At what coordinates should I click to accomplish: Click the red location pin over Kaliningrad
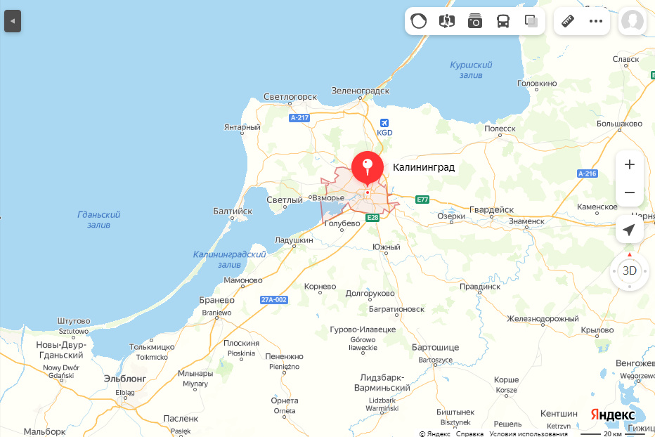pos(367,167)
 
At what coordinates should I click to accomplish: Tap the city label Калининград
pos(424,167)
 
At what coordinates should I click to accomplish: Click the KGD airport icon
pos(384,122)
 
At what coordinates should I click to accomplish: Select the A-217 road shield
pos(299,117)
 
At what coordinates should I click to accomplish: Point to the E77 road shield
pos(422,200)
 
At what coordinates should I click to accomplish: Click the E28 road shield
pos(372,218)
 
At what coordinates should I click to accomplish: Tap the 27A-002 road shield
pos(274,299)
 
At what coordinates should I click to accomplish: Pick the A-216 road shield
pos(587,173)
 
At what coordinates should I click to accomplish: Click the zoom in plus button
pos(629,164)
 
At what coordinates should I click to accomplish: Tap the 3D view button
pos(629,270)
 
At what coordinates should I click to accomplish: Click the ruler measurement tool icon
pos(568,21)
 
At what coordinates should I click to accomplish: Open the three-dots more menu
pos(596,21)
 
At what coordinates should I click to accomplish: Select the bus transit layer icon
pos(503,21)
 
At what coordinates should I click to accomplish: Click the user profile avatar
pos(633,21)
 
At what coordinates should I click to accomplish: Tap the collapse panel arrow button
pos(12,21)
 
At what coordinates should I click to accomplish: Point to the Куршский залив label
pos(471,70)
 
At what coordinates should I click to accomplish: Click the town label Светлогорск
pos(290,96)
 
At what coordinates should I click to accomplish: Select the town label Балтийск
pos(232,210)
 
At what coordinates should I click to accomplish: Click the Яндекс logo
pos(612,415)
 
